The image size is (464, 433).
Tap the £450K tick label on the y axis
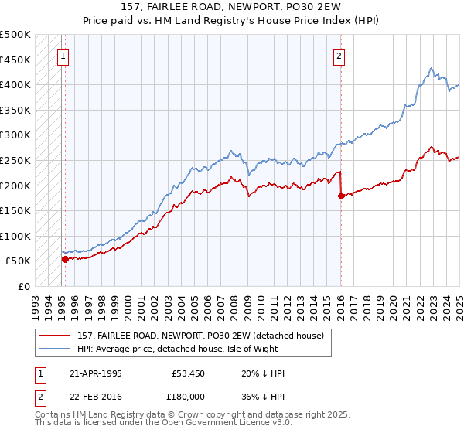(15, 60)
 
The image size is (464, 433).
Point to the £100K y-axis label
(15, 236)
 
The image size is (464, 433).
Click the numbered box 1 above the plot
(62, 56)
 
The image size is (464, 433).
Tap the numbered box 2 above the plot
(339, 56)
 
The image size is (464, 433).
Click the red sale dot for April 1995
(65, 259)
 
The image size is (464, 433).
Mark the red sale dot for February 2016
(340, 196)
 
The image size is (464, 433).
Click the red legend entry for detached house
(205, 335)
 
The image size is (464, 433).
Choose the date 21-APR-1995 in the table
(95, 373)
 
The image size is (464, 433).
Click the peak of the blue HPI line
(431, 68)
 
